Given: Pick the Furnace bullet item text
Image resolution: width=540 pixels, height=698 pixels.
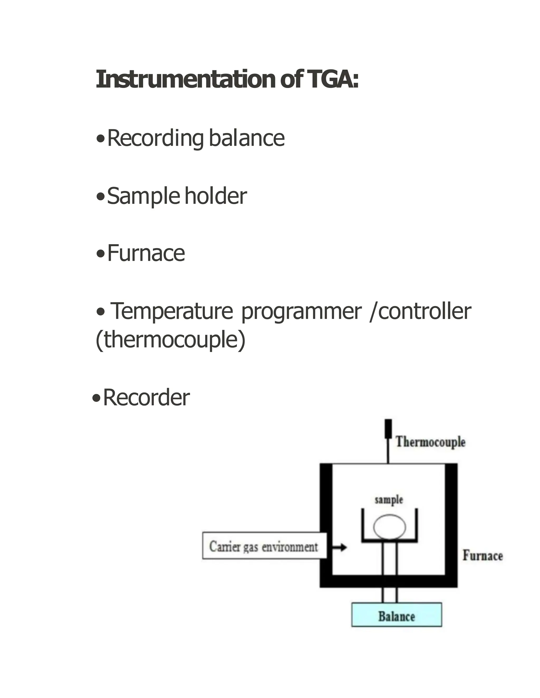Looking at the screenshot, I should click(146, 253).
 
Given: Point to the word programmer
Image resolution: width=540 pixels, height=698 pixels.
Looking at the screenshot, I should click(301, 311).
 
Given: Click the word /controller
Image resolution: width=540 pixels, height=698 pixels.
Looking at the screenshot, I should click(420, 311).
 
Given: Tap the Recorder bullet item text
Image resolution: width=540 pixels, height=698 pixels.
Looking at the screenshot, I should click(146, 398).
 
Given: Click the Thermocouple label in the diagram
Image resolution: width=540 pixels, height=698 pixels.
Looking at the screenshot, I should click(430, 442).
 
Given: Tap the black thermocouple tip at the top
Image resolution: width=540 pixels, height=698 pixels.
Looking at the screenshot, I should click(388, 428).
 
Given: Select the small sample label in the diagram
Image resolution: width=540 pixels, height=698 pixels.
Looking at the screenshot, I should click(389, 500).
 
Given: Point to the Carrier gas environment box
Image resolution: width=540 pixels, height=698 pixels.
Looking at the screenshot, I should click(264, 547).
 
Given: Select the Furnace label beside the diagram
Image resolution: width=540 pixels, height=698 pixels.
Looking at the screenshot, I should click(483, 556).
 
